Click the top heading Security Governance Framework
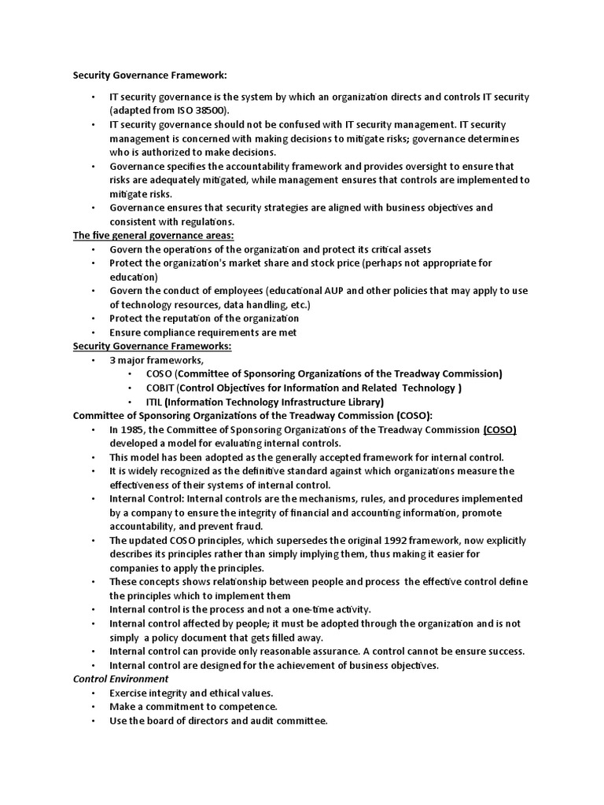pyautogui.click(x=149, y=75)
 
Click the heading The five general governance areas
pyautogui.click(x=153, y=235)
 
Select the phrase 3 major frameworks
pyautogui.click(x=156, y=360)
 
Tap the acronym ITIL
pyautogui.click(x=154, y=402)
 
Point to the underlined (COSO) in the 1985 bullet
pyautogui.click(x=499, y=430)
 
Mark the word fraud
pyautogui.click(x=268, y=527)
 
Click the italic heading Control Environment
pyautogui.click(x=120, y=678)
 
